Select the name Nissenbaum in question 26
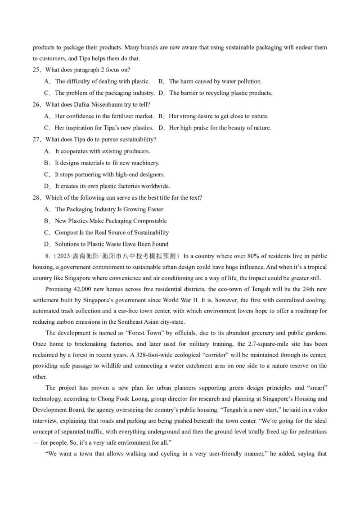tap(92, 104)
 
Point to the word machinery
tap(145, 163)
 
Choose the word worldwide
tap(156, 186)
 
